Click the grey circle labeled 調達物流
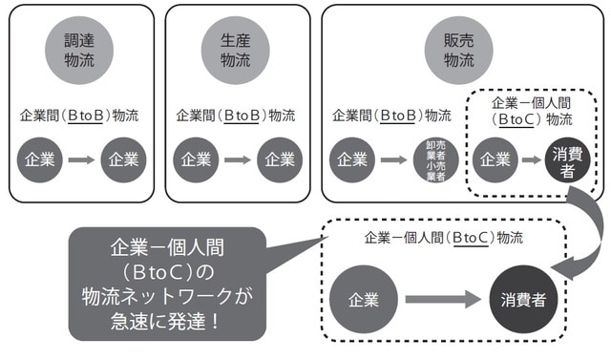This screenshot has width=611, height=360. click(x=79, y=49)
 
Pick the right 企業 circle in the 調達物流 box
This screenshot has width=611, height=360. click(x=125, y=159)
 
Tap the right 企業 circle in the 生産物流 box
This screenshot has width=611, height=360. click(x=280, y=159)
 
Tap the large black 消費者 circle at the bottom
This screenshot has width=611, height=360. click(x=522, y=300)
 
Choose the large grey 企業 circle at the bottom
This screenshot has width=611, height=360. click(x=365, y=300)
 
